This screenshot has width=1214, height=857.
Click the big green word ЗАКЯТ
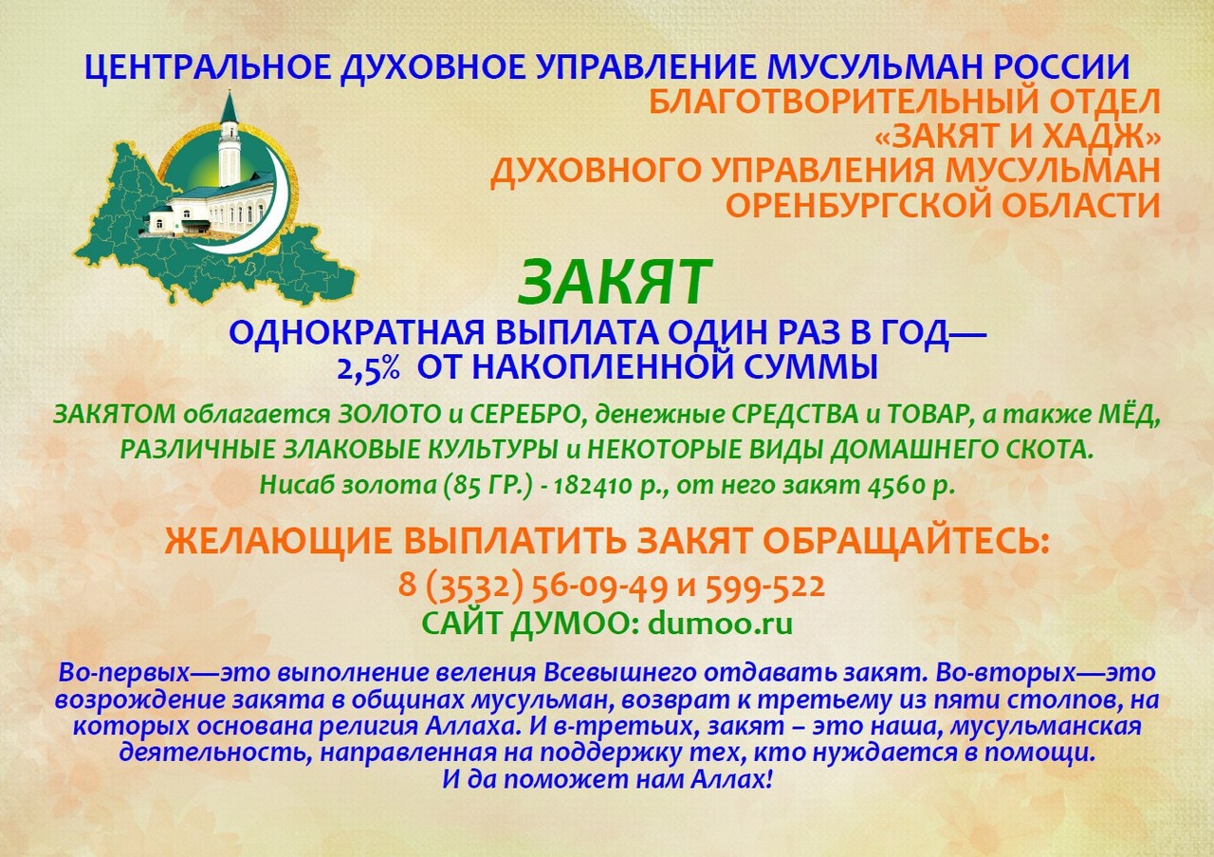coord(614,283)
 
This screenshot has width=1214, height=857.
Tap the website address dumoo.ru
coord(721,624)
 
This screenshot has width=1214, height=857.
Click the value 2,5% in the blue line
coord(369,368)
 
